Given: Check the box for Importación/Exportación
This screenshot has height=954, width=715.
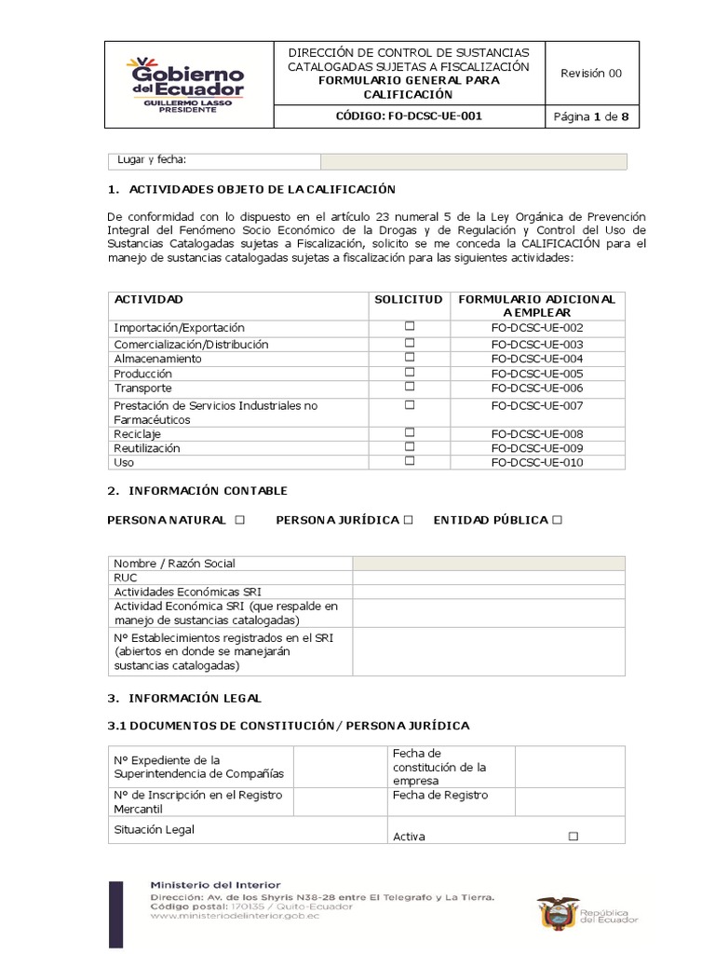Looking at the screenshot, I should pos(409,327).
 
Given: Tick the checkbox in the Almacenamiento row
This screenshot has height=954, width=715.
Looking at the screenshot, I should pos(409,358).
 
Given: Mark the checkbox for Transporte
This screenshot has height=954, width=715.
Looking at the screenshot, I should pos(409,387).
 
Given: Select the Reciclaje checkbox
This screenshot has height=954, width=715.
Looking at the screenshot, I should pos(409,433).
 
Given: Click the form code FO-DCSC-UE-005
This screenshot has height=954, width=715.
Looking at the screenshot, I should pos(536,374).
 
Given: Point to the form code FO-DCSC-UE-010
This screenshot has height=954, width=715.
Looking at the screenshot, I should pos(536,463).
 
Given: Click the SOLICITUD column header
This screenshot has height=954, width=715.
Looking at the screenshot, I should pos(409,299).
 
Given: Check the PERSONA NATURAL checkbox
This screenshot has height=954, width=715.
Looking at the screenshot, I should pos(239,520).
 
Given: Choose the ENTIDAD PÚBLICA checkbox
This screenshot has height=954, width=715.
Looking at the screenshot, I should pos(557,520).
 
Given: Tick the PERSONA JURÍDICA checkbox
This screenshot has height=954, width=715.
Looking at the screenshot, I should pos(408,520).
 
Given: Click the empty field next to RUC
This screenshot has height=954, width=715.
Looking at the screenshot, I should pos(488,578).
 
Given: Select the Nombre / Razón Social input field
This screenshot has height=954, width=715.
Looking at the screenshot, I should pos(488,563).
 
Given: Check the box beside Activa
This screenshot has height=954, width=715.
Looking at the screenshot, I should pos(573,837).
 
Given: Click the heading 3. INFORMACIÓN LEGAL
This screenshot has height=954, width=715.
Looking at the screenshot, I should pos(184,698).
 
